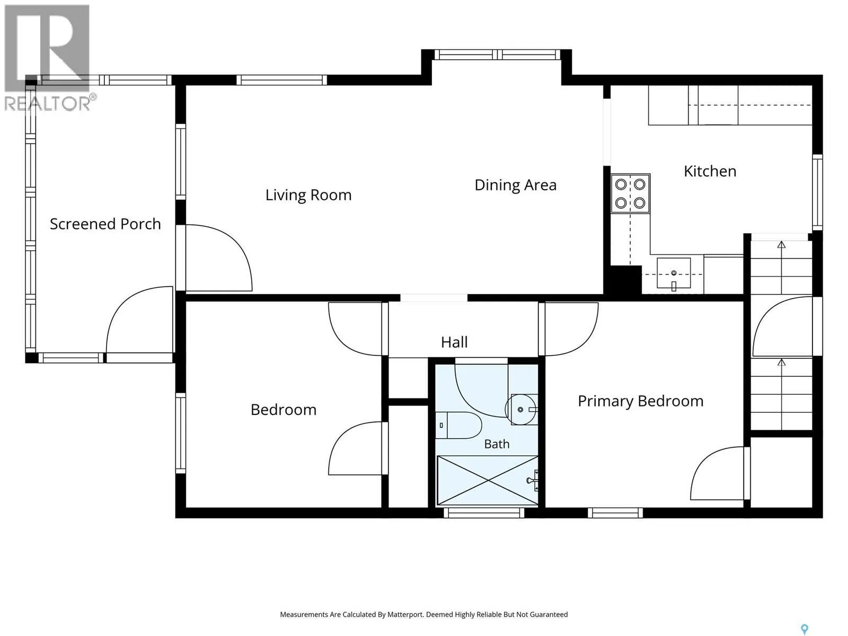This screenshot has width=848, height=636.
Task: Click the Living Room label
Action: pos(308,195)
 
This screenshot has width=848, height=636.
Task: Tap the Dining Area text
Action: pos(515,185)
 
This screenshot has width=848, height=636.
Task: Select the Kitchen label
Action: pos(710,171)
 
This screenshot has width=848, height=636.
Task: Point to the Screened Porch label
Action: pos(105,224)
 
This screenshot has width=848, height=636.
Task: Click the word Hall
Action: pos(454,342)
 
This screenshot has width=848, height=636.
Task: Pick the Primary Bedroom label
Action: pos(640,401)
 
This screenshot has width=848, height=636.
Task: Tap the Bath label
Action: pos(497,444)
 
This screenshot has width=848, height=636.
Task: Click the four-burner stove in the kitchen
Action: pos(630,193)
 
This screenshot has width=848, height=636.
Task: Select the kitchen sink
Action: pos(674,273)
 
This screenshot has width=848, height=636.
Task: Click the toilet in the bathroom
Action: pos(458,425)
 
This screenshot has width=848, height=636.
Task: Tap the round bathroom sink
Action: pos(521,409)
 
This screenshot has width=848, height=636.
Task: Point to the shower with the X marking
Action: pos(488,480)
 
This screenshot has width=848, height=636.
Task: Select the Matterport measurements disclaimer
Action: pos(424,614)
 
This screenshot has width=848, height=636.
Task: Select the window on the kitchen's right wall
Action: pos(817,192)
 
